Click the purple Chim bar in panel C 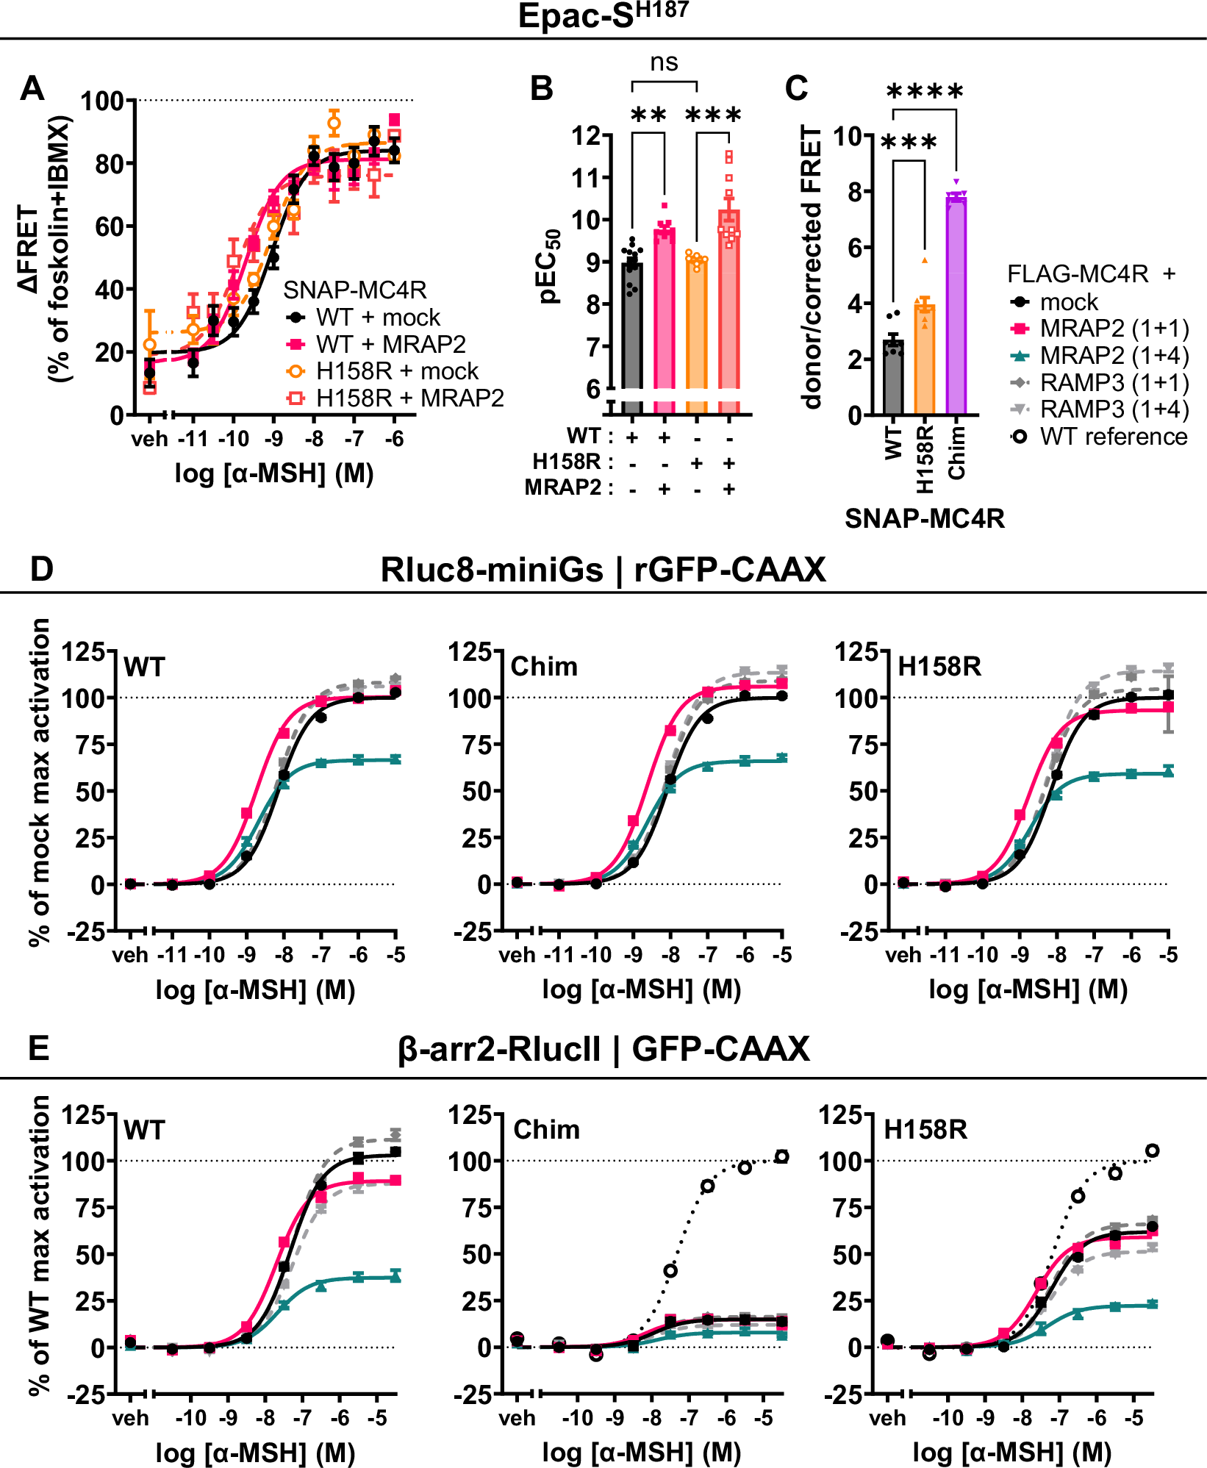pyautogui.click(x=956, y=309)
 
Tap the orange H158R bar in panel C pyautogui.click(x=924, y=360)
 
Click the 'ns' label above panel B pyautogui.click(x=664, y=62)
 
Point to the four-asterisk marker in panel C pyautogui.click(x=925, y=93)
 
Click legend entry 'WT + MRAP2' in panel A pyautogui.click(x=390, y=344)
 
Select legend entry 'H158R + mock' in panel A pyautogui.click(x=397, y=370)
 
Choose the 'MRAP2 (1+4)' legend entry pyautogui.click(x=1114, y=356)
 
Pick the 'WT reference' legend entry pyautogui.click(x=1113, y=437)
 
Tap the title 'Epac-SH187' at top pyautogui.click(x=603, y=16)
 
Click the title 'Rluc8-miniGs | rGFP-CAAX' pyautogui.click(x=603, y=570)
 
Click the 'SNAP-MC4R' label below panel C pyautogui.click(x=924, y=519)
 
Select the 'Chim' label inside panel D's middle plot pyautogui.click(x=544, y=667)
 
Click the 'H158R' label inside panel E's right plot pyautogui.click(x=925, y=1129)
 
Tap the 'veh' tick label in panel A pyautogui.click(x=149, y=440)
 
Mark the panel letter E pyautogui.click(x=38, y=1048)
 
